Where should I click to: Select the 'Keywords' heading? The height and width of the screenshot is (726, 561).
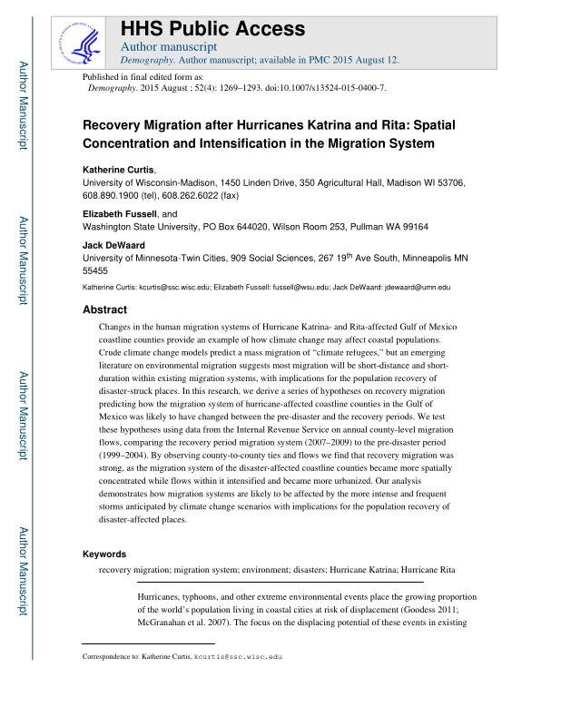click(104, 553)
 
